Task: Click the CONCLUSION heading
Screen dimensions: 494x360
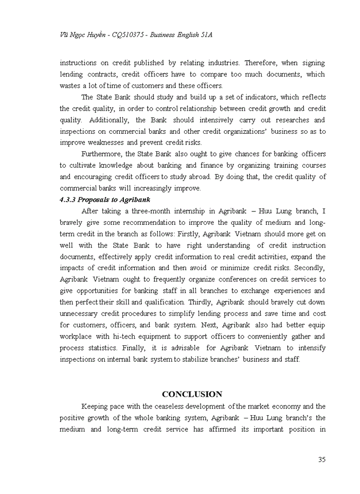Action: pyautogui.click(x=192, y=394)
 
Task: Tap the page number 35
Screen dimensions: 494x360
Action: pyautogui.click(x=321, y=460)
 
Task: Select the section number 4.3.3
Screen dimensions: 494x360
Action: pyautogui.click(x=70, y=199)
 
